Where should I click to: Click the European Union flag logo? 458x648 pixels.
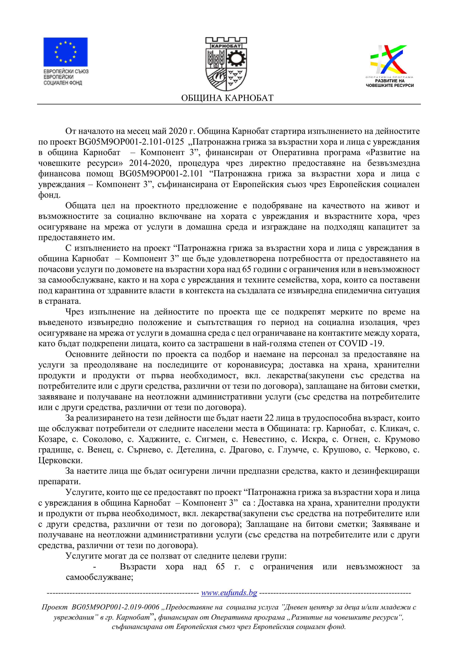tap(66, 52)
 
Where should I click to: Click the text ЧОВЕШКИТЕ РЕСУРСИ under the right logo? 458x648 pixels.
tap(390, 86)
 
